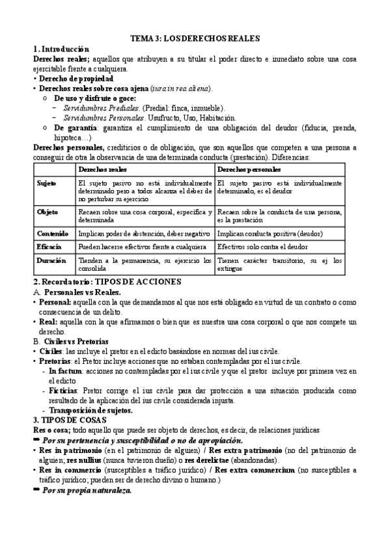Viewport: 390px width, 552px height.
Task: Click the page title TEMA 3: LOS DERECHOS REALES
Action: pyautogui.click(x=195, y=38)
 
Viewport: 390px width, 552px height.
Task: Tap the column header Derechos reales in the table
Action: pyautogui.click(x=102, y=169)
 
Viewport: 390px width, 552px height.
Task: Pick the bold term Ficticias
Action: pyautogui.click(x=64, y=391)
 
